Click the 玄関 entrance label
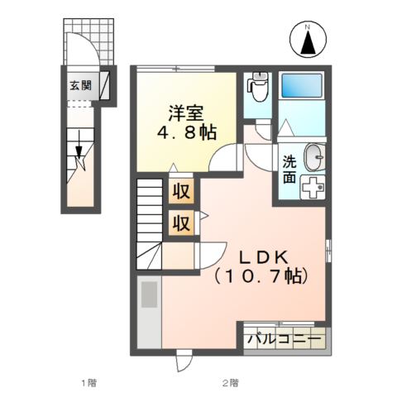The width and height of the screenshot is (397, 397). tap(80, 86)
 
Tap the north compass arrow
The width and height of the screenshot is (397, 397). tap(308, 43)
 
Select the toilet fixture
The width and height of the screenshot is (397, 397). tap(258, 86)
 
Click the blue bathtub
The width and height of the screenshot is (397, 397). tap(302, 85)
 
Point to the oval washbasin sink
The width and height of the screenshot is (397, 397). tap(314, 157)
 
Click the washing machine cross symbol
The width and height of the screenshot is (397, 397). tap(313, 187)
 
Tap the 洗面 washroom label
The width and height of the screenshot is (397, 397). tap(289, 170)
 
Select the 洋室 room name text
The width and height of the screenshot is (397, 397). tap(186, 113)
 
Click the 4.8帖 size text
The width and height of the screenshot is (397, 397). tap(187, 132)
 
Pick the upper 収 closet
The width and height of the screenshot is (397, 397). tap(181, 191)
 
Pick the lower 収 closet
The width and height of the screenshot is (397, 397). tap(181, 222)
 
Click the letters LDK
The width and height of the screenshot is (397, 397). tap(264, 258)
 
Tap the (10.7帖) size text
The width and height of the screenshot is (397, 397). tap(261, 276)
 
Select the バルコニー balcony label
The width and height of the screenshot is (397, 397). tap(285, 338)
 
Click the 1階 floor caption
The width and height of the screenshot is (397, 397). tap(88, 383)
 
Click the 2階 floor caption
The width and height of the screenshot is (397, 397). tap(230, 383)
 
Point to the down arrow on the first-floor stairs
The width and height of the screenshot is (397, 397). tap(79, 145)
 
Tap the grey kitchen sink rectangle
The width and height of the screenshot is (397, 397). tap(150, 294)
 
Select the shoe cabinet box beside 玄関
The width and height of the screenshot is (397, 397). tap(104, 86)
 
